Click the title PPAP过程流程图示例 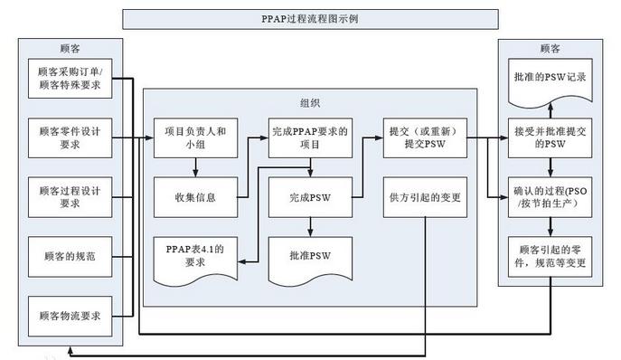pos(310,19)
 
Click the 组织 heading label pos(308,103)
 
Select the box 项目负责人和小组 pos(194,137)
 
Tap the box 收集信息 pos(194,197)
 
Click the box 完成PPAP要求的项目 pos(310,137)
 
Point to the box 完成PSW pos(310,197)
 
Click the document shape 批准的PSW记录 pos(550,77)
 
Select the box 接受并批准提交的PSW pos(550,137)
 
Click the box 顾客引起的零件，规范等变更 pos(550,256)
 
